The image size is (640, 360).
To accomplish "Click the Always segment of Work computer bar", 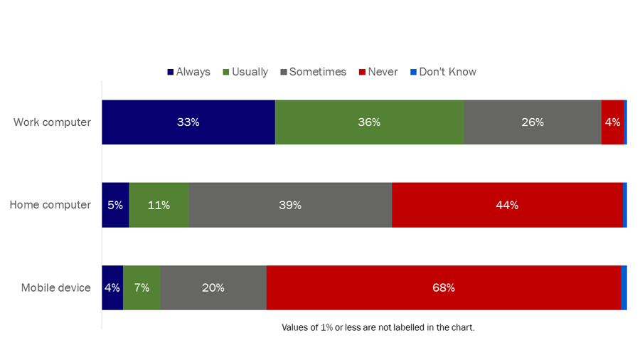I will click(x=188, y=122).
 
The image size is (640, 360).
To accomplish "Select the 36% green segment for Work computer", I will click(x=369, y=122).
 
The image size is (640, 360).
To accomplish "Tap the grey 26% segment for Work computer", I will click(x=532, y=122).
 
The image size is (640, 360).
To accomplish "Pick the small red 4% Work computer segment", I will click(x=612, y=122).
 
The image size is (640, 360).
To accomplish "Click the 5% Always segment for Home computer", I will click(x=115, y=205).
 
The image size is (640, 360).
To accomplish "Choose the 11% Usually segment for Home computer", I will click(x=159, y=205).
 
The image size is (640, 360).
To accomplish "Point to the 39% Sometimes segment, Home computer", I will click(x=290, y=205).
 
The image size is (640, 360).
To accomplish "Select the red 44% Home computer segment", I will click(x=507, y=205).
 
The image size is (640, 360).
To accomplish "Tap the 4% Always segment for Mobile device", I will click(x=112, y=288).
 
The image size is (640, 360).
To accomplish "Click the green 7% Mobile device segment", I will click(x=142, y=288).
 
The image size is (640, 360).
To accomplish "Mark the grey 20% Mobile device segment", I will click(x=213, y=288).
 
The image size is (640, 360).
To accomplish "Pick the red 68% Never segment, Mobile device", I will click(x=444, y=288).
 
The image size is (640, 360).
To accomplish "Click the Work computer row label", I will click(x=52, y=122).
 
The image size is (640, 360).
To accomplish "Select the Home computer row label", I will click(x=50, y=205).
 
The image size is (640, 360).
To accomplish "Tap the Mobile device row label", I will click(x=55, y=288).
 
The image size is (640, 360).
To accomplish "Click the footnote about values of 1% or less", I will click(x=378, y=328).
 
